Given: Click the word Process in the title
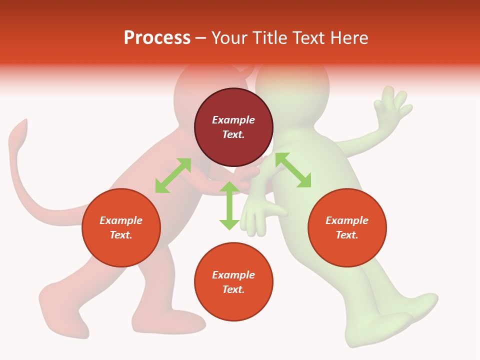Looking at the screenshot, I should [x=157, y=38].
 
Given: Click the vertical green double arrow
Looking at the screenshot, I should [x=229, y=205].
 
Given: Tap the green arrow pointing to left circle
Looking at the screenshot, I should [x=173, y=175].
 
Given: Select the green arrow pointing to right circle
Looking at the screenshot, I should [x=293, y=170].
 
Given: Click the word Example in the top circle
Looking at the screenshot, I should [x=233, y=120].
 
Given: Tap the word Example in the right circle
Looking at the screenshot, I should [x=347, y=220].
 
